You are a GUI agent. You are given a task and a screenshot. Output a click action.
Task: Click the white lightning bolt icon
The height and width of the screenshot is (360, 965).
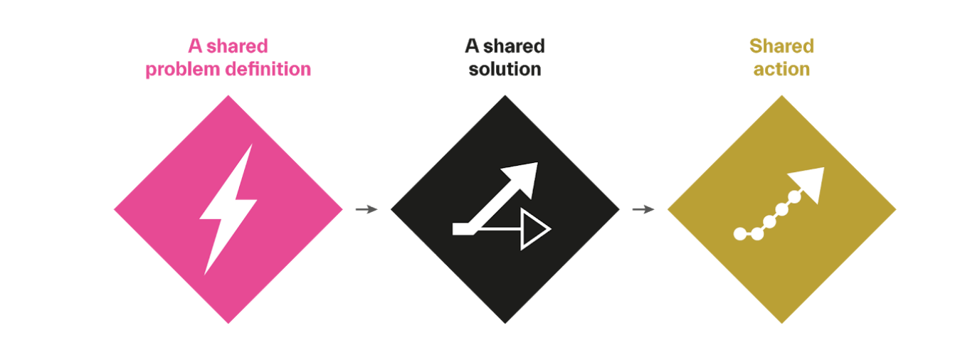pyautogui.click(x=228, y=210)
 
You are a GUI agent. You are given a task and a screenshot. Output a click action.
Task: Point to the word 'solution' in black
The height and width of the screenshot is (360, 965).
pyautogui.click(x=505, y=70)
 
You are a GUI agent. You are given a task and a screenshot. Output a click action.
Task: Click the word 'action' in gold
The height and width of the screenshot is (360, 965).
pyautogui.click(x=781, y=70)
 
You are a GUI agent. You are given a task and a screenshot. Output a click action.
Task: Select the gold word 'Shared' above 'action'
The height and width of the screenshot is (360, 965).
pyautogui.click(x=781, y=47)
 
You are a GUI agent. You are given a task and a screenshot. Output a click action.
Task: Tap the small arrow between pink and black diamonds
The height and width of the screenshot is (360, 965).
pyautogui.click(x=367, y=209)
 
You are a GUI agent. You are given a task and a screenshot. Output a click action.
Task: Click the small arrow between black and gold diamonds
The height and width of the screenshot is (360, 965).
pyautogui.click(x=643, y=209)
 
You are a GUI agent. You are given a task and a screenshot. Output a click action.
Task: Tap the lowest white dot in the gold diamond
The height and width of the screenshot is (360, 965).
pyautogui.click(x=740, y=233)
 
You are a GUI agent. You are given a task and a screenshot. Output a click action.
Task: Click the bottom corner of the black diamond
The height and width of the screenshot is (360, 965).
pyautogui.click(x=505, y=322)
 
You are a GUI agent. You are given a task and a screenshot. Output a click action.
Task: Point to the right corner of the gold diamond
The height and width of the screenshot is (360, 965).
pyautogui.click(x=894, y=209)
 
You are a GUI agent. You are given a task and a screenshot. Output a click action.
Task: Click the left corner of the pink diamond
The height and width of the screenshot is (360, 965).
pyautogui.click(x=116, y=210)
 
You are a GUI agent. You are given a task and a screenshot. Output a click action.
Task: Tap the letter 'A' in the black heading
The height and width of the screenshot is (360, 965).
pyautogui.click(x=473, y=47)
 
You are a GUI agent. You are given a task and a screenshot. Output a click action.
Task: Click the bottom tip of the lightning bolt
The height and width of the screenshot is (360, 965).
pyautogui.click(x=206, y=272)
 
